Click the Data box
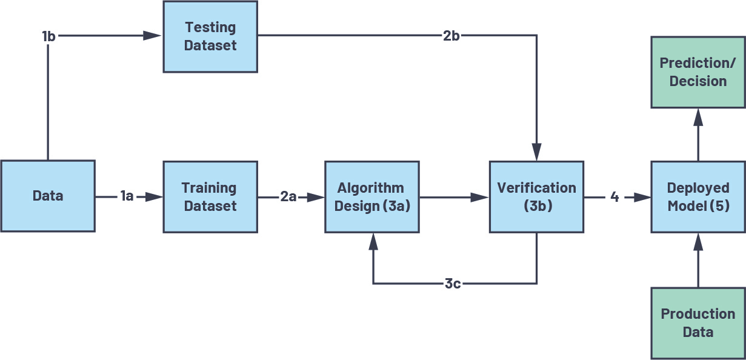47,196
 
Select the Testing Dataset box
210,36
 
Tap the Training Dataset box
210,197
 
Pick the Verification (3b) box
536,197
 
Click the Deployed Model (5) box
698,197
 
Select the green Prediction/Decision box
698,72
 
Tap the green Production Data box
698,323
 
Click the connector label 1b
49,36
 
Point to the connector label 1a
127,196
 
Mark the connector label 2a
289,197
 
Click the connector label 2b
451,36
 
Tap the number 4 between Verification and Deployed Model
614,197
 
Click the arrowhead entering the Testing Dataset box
153,36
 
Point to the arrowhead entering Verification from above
536,152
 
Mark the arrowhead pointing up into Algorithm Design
373,242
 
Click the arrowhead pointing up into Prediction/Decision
698,117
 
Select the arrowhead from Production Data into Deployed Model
698,242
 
